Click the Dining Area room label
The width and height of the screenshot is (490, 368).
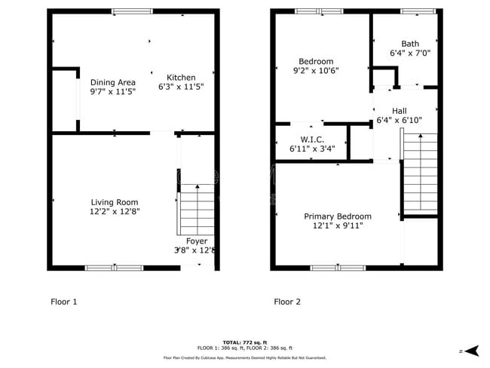tap(113, 82)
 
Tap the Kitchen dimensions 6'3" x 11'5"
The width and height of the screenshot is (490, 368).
tap(181, 87)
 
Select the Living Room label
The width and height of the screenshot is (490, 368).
tap(115, 202)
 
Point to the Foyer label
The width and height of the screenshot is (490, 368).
tap(197, 241)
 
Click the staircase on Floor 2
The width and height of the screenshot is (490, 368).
tap(420, 173)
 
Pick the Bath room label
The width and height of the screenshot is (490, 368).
tap(410, 44)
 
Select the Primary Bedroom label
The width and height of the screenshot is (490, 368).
tap(338, 216)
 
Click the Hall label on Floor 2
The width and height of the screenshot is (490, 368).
tap(399, 111)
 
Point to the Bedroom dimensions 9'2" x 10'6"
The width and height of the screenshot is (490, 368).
tap(316, 71)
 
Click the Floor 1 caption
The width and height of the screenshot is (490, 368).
tap(64, 302)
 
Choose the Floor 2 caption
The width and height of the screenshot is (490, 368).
tap(287, 302)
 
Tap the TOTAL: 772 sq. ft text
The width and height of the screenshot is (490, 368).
tap(245, 342)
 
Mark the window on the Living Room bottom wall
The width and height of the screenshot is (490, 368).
tap(114, 268)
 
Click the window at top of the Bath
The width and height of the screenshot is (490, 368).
tap(412, 11)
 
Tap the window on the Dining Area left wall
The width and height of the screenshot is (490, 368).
tap(78, 103)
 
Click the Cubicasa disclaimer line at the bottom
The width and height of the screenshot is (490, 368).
tap(245, 357)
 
